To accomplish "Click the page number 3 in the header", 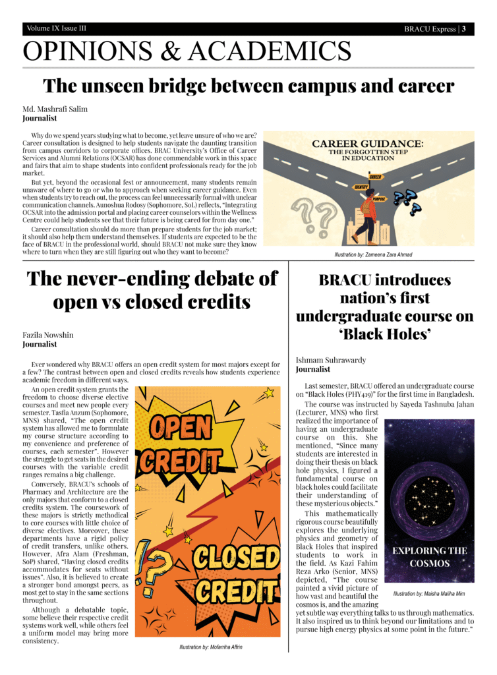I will [x=463, y=29].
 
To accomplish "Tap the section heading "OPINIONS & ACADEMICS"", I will [x=187, y=51].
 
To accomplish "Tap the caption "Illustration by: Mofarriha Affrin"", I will [x=210, y=647].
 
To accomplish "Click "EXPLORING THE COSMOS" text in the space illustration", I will [x=429, y=556].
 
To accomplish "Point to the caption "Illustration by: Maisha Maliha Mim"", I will [x=429, y=594].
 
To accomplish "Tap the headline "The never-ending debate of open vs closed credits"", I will [x=152, y=290].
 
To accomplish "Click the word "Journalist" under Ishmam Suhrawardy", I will [x=314, y=370].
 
